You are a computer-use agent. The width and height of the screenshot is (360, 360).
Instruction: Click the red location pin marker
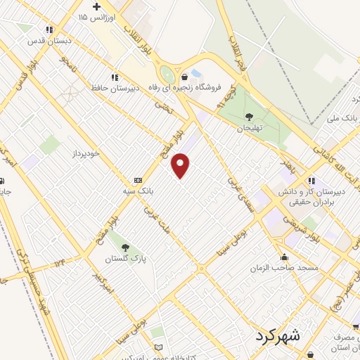(181, 165)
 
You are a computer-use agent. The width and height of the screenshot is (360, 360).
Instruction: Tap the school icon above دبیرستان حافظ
(113, 77)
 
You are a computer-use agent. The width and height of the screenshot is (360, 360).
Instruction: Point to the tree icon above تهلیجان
(249, 117)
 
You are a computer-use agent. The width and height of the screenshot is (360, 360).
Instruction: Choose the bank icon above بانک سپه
(138, 180)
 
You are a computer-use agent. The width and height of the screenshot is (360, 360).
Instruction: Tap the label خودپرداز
(87, 153)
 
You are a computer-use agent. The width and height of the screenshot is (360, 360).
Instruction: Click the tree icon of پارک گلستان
(125, 247)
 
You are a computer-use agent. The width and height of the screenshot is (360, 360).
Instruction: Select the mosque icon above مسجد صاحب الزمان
(284, 257)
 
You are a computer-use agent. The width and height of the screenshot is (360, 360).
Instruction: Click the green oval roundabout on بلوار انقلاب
(167, 73)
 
